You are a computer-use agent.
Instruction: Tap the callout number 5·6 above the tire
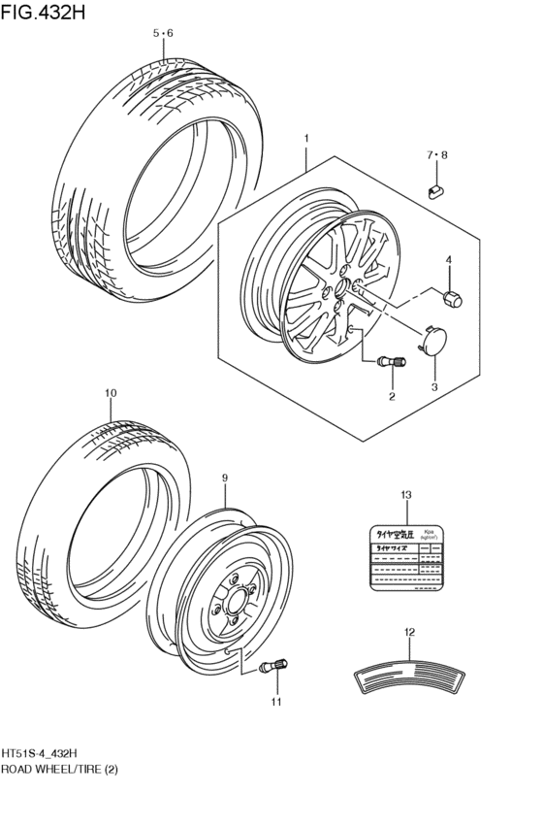click(x=163, y=34)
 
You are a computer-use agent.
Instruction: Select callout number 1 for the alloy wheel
click(x=306, y=140)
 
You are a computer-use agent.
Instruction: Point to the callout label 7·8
click(x=437, y=155)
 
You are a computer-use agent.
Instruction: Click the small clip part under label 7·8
click(x=435, y=188)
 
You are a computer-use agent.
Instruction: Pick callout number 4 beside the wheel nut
click(x=449, y=259)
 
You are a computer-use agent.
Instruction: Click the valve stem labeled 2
click(x=390, y=361)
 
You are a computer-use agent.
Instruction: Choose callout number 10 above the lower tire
click(x=110, y=393)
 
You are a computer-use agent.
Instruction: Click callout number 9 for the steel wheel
click(x=224, y=478)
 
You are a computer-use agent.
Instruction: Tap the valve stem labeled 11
click(x=271, y=667)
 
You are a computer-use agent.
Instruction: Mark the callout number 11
click(x=275, y=701)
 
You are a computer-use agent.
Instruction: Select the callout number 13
click(x=405, y=495)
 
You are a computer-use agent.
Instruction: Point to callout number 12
click(x=409, y=632)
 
